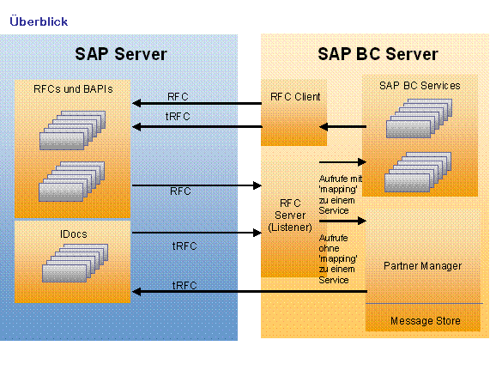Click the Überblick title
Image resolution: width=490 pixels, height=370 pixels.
tap(39, 21)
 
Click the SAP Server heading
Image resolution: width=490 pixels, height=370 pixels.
tap(121, 54)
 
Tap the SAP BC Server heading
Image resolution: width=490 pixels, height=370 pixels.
tap(378, 54)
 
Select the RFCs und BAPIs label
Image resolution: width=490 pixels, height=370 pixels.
tap(73, 89)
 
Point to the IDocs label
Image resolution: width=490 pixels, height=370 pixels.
tap(74, 234)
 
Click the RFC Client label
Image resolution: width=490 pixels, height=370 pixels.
tap(295, 97)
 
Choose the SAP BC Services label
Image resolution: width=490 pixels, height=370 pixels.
tap(420, 86)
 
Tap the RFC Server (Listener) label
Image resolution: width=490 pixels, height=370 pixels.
tap(290, 215)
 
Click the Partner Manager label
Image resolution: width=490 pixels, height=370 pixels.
tap(422, 266)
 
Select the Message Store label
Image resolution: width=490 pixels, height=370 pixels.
tap(426, 321)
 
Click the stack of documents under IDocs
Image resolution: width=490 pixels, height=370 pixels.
tap(75, 264)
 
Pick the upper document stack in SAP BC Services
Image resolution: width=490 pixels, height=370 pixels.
tap(419, 118)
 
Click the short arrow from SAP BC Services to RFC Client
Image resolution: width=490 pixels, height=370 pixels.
tap(342, 127)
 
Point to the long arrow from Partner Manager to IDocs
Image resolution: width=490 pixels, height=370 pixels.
tap(250, 292)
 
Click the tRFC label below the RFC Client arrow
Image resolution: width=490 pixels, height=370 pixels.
tap(178, 117)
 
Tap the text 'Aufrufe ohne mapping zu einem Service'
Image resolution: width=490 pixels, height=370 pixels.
tap(338, 258)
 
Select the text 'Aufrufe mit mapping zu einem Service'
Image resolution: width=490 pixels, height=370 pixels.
tap(341, 194)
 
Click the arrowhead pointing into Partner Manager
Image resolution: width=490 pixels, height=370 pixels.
tap(362, 221)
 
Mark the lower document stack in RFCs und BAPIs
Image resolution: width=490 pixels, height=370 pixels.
tap(71, 181)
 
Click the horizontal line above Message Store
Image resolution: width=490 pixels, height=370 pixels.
tap(424, 303)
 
